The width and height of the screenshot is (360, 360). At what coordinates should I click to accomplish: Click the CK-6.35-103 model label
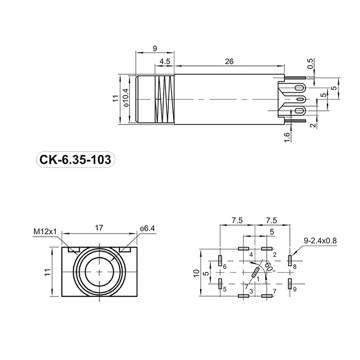pyautogui.click(x=75, y=160)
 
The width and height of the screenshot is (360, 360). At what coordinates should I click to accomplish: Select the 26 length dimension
pyautogui.click(x=229, y=63)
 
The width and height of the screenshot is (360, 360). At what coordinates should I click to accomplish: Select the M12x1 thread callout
pyautogui.click(x=45, y=232)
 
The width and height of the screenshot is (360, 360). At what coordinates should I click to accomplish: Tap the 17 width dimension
pyautogui.click(x=99, y=228)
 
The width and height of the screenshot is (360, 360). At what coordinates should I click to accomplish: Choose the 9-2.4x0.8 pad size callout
pyautogui.click(x=319, y=241)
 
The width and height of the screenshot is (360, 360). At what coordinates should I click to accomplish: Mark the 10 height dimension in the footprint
pyautogui.click(x=196, y=272)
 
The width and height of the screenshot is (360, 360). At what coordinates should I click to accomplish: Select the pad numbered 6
pyautogui.click(x=220, y=260)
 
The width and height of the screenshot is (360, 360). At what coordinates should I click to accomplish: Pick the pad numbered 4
pyautogui.click(x=243, y=248)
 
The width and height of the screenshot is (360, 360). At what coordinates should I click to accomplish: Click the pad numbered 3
pyautogui.click(x=243, y=296)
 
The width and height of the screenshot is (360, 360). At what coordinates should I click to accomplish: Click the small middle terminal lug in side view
pyautogui.click(x=300, y=99)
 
